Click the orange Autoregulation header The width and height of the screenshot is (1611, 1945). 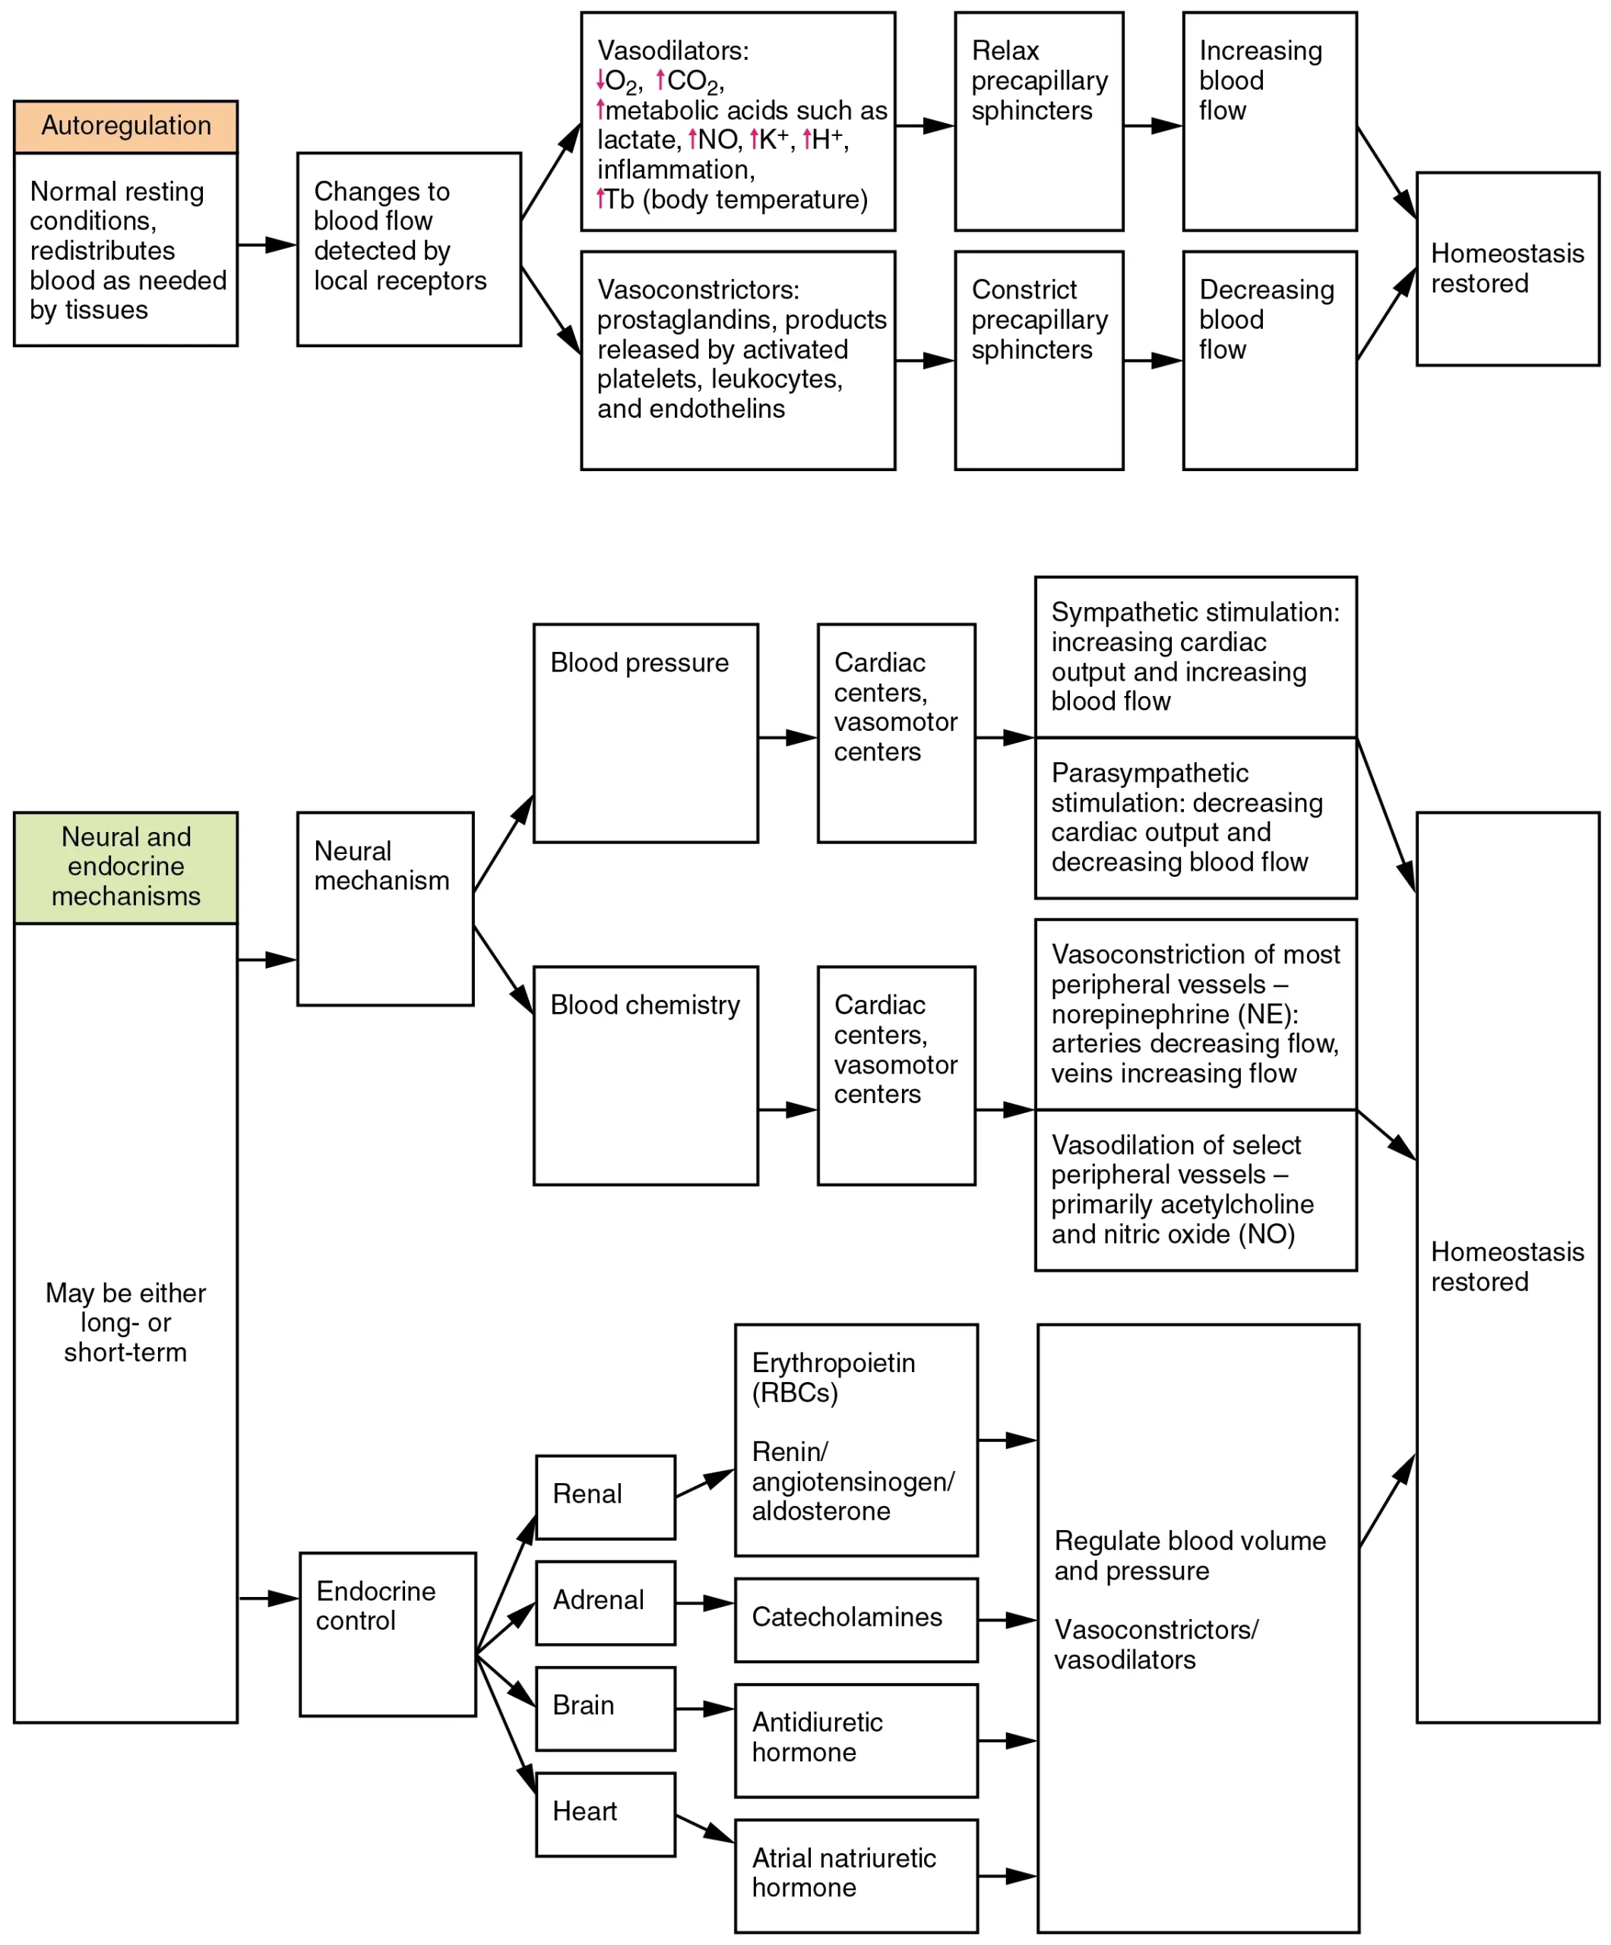click(125, 127)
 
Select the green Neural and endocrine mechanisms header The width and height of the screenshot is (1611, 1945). click(125, 867)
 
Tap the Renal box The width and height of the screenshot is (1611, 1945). click(605, 1497)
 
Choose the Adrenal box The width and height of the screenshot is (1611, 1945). click(605, 1603)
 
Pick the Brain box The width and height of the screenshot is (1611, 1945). click(605, 1709)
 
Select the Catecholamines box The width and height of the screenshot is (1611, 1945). click(855, 1620)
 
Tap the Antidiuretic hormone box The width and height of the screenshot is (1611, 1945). click(855, 1741)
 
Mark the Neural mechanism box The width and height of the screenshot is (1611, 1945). click(385, 909)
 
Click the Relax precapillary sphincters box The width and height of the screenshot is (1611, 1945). click(1039, 122)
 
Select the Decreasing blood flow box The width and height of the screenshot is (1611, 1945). click(1269, 360)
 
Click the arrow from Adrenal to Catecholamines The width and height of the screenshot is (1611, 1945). click(704, 1603)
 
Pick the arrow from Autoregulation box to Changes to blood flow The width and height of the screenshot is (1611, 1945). click(267, 245)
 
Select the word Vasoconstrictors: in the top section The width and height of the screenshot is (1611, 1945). click(698, 290)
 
